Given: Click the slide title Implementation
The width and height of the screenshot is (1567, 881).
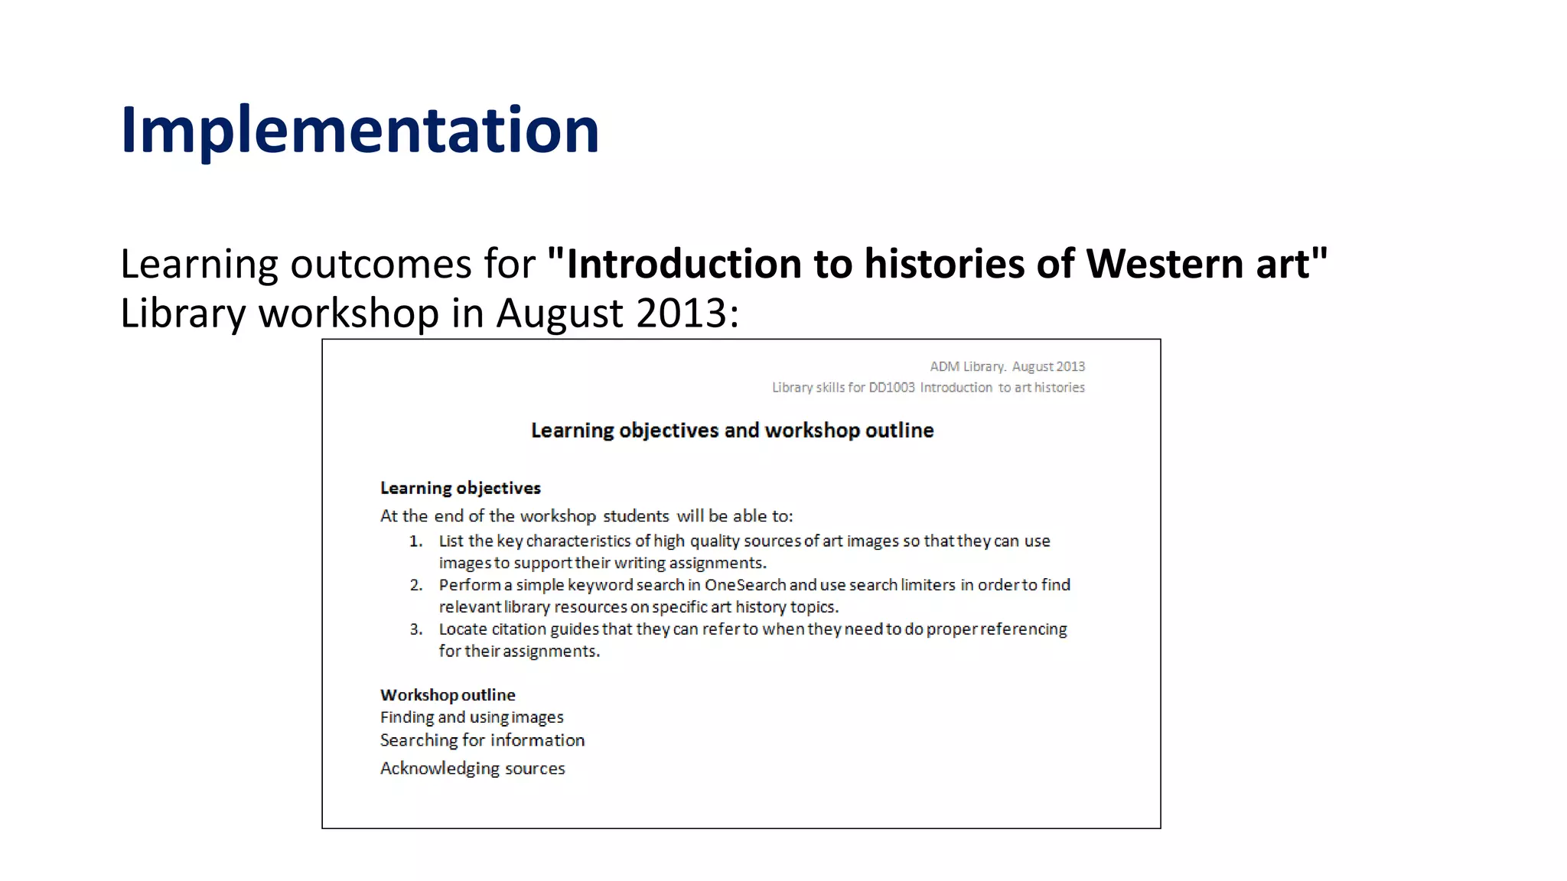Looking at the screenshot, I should [360, 130].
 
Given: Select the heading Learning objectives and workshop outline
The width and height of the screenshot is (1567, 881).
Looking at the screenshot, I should [732, 431].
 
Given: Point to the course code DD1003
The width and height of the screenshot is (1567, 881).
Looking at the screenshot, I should [891, 388].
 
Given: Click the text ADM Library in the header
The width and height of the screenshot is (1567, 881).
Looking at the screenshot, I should [966, 367].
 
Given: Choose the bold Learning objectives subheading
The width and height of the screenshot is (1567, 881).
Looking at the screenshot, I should [461, 488].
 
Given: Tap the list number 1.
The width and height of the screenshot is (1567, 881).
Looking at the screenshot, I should [415, 541].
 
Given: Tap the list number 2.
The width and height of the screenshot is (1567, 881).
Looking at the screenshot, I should [415, 585].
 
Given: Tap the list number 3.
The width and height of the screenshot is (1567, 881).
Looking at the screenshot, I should [415, 629].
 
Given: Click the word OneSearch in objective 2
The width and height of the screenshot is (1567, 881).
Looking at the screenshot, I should [745, 585].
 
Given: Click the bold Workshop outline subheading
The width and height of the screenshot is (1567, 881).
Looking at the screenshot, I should [448, 695].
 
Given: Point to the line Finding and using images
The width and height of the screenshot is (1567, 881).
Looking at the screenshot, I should [472, 717].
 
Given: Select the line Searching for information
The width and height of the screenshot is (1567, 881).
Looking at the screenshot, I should [482, 740].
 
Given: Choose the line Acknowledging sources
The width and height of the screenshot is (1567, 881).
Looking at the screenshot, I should [473, 769].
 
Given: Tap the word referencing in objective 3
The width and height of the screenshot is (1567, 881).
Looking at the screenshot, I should [1023, 629].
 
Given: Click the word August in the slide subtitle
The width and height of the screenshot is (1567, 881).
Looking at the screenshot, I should [562, 313].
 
